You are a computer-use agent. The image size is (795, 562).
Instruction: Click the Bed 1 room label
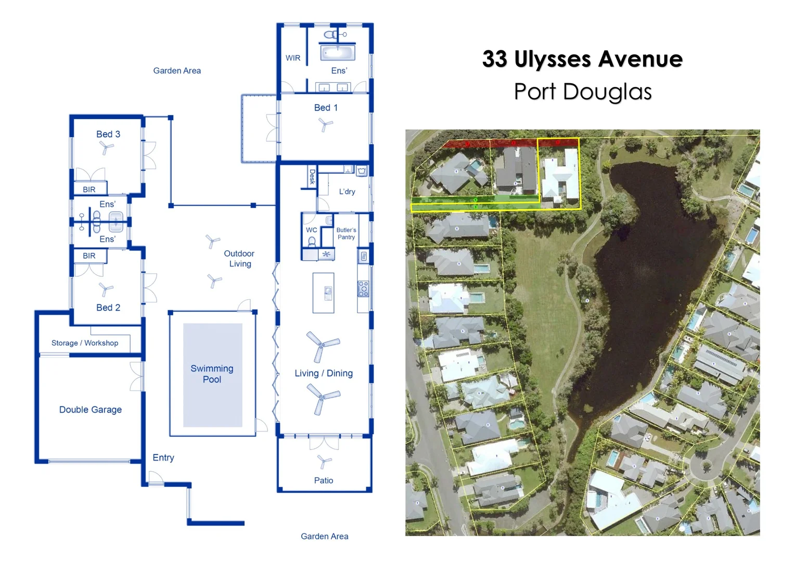tap(326, 108)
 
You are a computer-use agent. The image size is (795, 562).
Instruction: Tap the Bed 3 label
tap(108, 134)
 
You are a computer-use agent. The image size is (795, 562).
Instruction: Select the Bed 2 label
tap(108, 308)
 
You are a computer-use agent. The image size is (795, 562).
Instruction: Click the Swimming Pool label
tap(212, 374)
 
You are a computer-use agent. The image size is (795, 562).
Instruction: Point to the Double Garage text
tap(91, 410)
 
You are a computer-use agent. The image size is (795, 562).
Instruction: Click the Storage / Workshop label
tap(85, 343)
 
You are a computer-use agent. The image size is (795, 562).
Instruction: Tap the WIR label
tap(293, 58)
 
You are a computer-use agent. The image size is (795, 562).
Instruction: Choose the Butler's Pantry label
tap(346, 234)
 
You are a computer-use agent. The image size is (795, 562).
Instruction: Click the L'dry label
tap(347, 191)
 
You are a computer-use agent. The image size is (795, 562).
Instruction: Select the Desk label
tap(312, 177)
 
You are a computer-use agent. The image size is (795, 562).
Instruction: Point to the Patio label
tap(324, 480)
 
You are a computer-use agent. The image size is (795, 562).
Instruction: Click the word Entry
tap(163, 457)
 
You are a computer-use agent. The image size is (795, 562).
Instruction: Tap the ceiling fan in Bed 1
tap(325, 124)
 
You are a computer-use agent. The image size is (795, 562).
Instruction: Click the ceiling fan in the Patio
tap(324, 462)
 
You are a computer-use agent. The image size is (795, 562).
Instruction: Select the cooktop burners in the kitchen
tap(364, 289)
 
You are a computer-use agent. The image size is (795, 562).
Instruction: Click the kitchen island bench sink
tap(328, 293)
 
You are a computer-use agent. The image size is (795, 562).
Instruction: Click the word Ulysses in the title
tap(552, 59)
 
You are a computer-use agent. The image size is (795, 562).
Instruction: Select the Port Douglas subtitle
tap(583, 92)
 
